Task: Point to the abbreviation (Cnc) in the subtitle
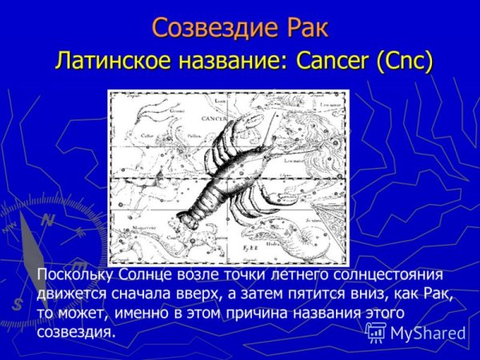(x=404, y=62)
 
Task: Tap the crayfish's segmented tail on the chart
(x=200, y=204)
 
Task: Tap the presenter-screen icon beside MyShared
(x=376, y=333)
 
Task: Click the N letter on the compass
(x=49, y=220)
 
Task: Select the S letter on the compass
(x=18, y=303)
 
